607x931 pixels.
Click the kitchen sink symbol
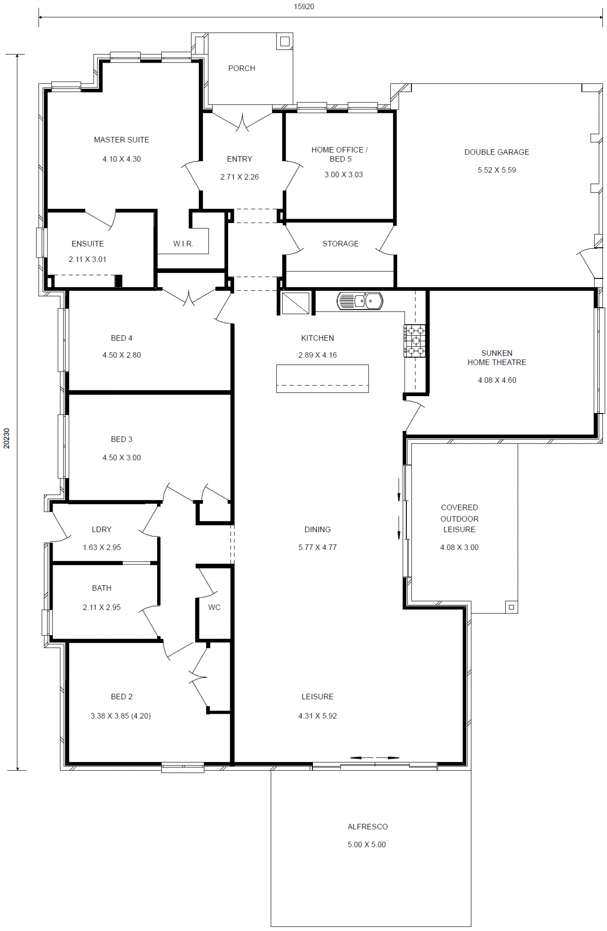point(360,301)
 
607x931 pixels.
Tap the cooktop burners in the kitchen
point(414,341)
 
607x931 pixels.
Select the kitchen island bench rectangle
point(322,379)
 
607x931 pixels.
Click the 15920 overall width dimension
point(304,7)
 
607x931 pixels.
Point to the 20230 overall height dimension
point(7,438)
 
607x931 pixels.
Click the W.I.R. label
point(183,244)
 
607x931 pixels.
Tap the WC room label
point(214,607)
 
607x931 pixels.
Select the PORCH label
point(242,69)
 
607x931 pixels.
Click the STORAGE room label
point(340,244)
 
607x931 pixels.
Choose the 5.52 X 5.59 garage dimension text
point(497,170)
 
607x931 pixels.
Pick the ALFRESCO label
point(368,827)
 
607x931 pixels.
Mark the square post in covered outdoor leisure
point(511,607)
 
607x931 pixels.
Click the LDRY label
point(102,529)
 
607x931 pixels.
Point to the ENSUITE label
point(88,244)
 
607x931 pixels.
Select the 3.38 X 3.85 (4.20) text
point(121,716)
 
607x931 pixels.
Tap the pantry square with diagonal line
point(296,303)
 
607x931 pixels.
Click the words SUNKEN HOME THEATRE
point(497,358)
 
